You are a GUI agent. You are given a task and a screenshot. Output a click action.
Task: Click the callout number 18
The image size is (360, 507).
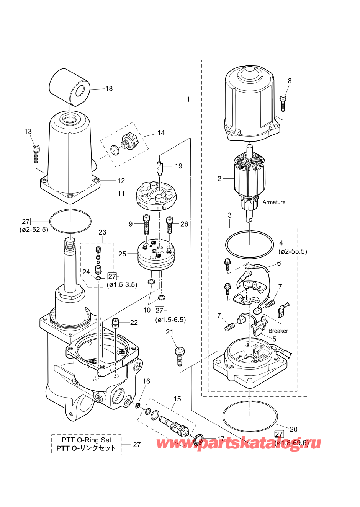[109, 88]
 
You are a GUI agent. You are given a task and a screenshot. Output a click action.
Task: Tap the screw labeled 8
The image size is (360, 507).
[283, 103]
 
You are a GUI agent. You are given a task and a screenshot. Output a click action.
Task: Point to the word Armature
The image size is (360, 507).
[274, 202]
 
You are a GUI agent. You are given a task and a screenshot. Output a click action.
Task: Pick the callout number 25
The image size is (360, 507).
[122, 254]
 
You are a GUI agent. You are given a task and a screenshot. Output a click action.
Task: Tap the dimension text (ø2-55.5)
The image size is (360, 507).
[292, 251]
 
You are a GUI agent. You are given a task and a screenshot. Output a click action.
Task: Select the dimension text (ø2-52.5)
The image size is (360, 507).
[34, 230]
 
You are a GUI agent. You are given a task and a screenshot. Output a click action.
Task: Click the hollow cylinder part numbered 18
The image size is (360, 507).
[70, 88]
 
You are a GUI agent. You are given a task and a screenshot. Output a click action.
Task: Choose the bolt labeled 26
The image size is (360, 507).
[170, 225]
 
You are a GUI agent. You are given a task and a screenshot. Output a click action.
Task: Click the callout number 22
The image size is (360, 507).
[134, 323]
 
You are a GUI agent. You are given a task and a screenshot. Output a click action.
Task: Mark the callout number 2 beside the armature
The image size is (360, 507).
[219, 179]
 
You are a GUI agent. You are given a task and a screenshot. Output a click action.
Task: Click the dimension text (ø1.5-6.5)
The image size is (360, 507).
[170, 320]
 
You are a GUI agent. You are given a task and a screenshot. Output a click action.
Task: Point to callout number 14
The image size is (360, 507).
[161, 133]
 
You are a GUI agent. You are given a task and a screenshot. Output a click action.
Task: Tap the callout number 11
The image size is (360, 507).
[121, 194]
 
